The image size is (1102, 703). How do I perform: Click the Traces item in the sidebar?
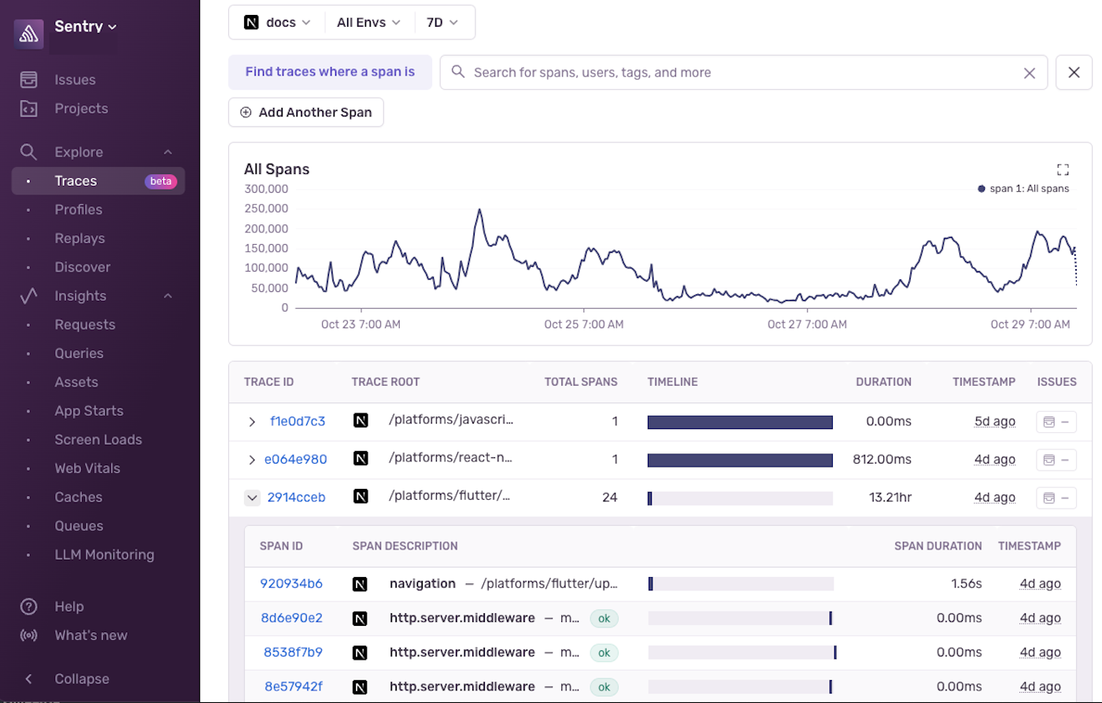coord(76,181)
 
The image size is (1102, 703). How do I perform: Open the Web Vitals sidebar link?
coord(87,468)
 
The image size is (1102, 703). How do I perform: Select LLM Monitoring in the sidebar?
coord(104,554)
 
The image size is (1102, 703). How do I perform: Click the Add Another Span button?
coord(306,113)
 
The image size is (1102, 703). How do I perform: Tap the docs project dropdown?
coord(277,23)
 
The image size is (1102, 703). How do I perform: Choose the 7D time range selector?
coord(442,23)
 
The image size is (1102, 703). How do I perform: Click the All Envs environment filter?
coord(368,23)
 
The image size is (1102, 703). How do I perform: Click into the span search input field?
coord(740,72)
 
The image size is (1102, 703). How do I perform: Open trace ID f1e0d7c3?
coord(298,421)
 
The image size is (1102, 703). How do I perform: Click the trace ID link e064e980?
coord(295,459)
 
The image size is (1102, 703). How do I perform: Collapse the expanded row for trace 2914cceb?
coord(252,498)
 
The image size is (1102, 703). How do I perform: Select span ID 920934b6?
coord(291,583)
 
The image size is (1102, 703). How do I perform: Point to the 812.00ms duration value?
coord(882,459)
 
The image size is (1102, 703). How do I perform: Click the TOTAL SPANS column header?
coord(581,382)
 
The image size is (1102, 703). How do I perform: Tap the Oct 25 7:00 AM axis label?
coord(583,324)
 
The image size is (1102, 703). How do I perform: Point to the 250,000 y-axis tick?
coord(266,209)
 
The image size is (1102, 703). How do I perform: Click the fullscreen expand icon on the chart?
coord(1063,169)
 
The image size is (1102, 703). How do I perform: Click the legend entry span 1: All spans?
coord(1023,189)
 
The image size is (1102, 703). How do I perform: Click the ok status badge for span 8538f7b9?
coord(604,653)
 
